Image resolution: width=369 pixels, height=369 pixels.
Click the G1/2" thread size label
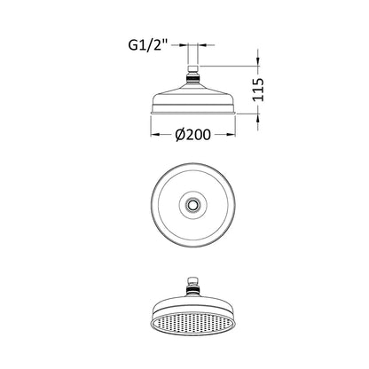click(x=148, y=46)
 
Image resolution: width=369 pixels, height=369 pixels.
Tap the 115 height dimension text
click(x=258, y=90)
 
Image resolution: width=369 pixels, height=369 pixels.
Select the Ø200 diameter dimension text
click(x=193, y=135)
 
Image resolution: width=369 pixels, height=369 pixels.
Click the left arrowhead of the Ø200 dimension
click(x=155, y=135)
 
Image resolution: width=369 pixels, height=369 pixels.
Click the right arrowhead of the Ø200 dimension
click(x=232, y=135)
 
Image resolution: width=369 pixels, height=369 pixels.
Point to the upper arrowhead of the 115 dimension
click(x=258, y=61)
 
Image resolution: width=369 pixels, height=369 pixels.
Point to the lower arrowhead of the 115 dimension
click(x=258, y=118)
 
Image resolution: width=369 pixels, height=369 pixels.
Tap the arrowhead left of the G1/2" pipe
click(x=184, y=45)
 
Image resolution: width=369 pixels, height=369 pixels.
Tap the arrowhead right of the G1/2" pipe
click(x=202, y=45)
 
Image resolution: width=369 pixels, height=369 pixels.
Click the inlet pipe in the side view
click(x=193, y=56)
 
